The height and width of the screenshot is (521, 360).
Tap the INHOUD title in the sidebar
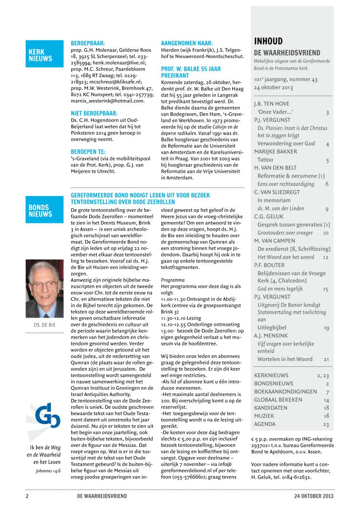click(269, 41)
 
